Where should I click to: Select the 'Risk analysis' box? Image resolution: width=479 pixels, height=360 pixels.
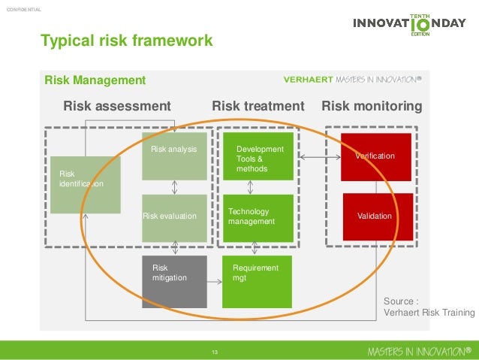point(174,156)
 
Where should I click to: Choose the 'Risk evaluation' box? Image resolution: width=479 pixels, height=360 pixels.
point(174,218)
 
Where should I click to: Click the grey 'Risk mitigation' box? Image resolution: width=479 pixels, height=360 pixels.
point(174,281)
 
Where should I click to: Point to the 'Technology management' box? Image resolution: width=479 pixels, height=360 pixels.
point(258,218)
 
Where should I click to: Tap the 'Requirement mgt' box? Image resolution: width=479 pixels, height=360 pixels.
point(257,281)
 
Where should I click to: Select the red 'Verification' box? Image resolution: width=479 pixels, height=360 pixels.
point(375,156)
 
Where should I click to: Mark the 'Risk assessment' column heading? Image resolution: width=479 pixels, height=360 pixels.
point(117,106)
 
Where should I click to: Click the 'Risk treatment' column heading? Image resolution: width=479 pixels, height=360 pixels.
point(258,106)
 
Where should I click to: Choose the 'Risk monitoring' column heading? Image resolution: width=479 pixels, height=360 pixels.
point(372,106)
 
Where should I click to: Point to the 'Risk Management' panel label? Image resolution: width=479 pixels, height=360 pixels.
point(95,80)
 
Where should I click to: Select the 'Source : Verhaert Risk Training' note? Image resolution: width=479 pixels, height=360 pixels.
point(429,307)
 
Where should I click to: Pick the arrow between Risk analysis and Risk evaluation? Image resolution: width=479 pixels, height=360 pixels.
point(174,187)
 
